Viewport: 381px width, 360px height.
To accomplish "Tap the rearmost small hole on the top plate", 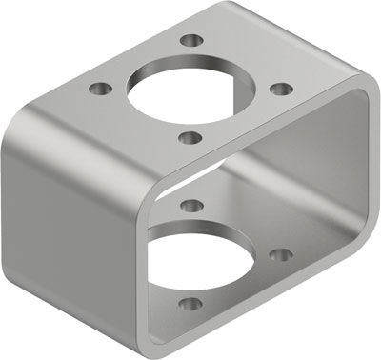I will point(192,41).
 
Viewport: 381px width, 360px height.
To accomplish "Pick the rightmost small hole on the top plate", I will point(281,89).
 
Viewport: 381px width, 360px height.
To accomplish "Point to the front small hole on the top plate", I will point(190,137).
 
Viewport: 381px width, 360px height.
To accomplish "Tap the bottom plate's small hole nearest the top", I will point(190,205).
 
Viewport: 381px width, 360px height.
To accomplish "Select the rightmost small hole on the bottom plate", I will point(280,254).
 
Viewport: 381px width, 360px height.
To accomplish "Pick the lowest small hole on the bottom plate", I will point(190,305).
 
